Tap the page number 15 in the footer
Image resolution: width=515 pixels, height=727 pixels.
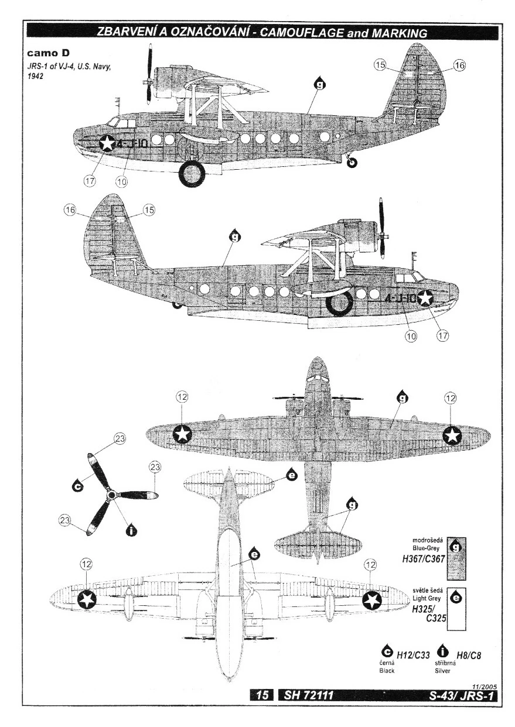point(262,695)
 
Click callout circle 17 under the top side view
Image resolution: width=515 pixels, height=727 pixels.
point(89,181)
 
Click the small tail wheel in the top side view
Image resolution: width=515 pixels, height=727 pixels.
point(352,162)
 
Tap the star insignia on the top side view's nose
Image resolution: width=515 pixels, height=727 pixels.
point(107,142)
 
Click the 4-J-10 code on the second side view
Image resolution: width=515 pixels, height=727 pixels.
point(400,298)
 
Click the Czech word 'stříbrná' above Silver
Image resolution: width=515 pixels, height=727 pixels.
point(444,664)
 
